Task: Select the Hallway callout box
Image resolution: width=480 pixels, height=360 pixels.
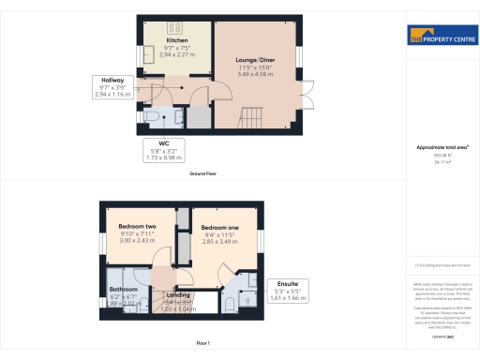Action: coord(110,88)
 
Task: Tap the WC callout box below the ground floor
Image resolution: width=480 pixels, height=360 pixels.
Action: coord(163,149)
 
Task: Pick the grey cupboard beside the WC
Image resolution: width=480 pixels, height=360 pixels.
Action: coord(199,118)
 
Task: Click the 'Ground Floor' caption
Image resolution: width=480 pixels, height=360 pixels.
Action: coord(203,173)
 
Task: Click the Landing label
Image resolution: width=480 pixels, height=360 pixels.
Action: coord(178,295)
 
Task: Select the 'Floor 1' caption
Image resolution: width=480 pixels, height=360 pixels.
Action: coord(203,345)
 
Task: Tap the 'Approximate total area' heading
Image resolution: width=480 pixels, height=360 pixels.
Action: coord(441,147)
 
